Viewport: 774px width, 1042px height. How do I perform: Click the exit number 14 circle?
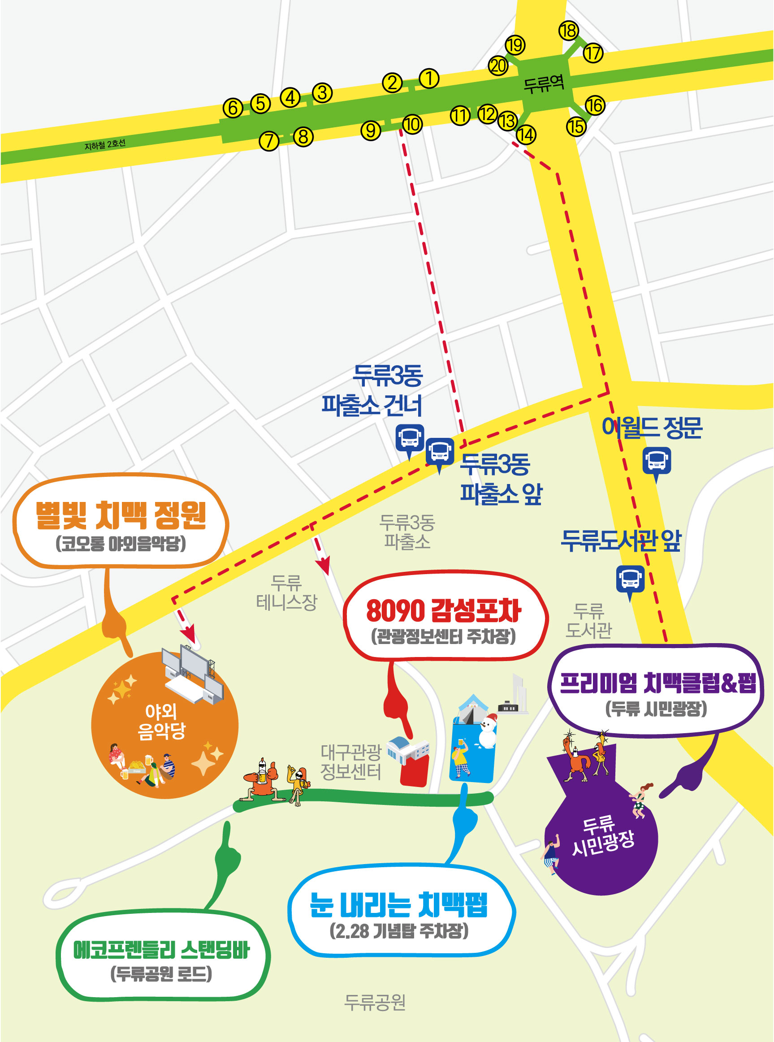pos(526,135)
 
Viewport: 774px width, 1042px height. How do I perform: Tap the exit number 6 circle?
pos(233,108)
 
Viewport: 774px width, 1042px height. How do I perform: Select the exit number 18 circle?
pos(569,31)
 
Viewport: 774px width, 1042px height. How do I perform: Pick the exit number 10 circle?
pos(412,125)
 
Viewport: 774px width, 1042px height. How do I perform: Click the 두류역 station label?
pos(544,84)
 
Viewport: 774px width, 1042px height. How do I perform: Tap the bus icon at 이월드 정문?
pos(657,461)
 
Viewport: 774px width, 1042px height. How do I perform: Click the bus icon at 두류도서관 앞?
pos(630,579)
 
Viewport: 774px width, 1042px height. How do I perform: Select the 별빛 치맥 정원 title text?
pos(121,515)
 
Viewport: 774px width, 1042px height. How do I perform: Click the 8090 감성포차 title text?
pos(443,610)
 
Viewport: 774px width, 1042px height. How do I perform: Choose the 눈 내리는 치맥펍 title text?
pos(399,905)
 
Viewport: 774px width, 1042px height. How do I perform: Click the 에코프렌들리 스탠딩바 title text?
pos(161,950)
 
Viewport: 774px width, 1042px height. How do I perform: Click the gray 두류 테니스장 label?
pos(287,592)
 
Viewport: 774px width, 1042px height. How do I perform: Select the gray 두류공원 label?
pos(375,1002)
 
